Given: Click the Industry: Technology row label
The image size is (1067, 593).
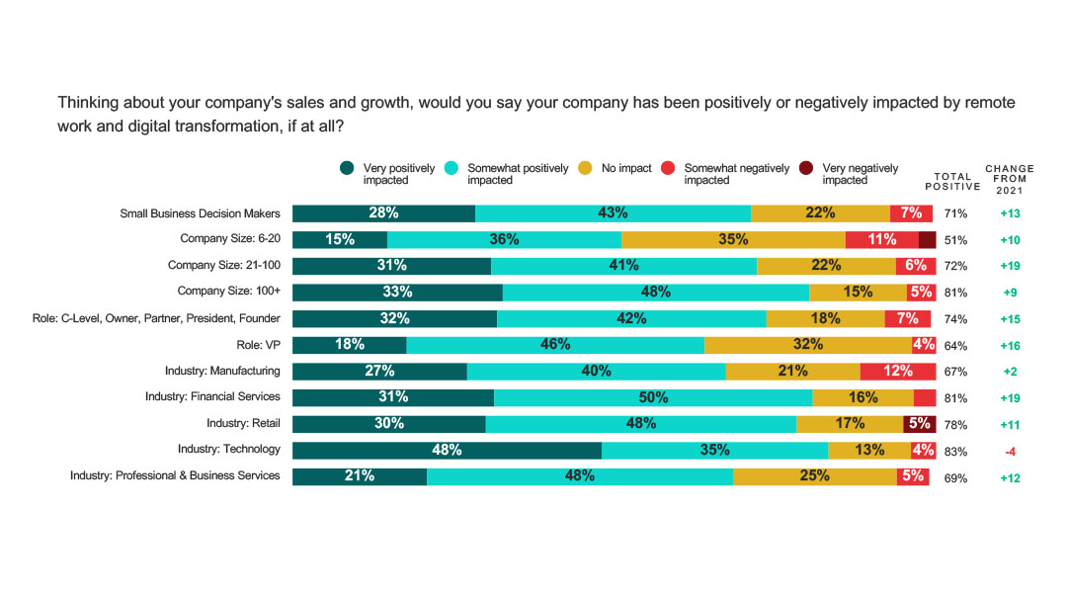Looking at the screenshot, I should (229, 450).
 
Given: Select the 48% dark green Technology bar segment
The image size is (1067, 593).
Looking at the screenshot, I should (447, 450).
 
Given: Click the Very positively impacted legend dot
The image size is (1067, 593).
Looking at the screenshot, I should (347, 168).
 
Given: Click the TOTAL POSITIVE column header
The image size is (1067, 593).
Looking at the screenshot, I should (952, 181).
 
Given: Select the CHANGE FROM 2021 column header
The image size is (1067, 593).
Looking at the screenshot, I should (1009, 180).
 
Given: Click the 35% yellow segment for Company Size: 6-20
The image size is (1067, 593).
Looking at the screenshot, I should (733, 239).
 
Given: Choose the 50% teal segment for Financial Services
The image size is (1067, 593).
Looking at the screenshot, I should (653, 397).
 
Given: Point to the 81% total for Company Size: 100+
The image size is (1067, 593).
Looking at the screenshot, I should (955, 293).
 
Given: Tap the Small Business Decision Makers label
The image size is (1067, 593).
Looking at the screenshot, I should (200, 212).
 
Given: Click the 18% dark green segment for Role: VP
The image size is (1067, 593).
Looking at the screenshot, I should (349, 344).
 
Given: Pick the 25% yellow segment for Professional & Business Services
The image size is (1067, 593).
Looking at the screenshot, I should (814, 475).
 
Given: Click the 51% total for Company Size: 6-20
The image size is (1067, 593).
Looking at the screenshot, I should (955, 240).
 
